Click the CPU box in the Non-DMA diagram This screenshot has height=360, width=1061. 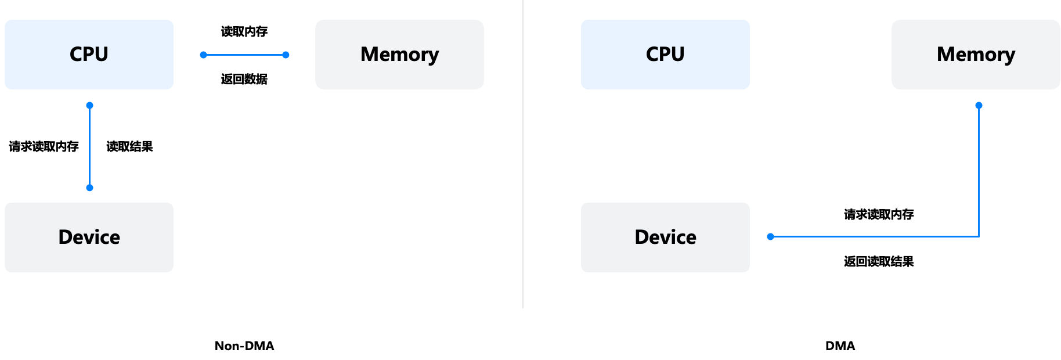coord(89,55)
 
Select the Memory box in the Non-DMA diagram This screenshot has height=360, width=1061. coord(399,55)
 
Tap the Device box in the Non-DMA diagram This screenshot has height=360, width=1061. coord(89,237)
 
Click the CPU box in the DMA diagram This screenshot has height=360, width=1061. coord(665,55)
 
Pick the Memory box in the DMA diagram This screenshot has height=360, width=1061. coord(976,55)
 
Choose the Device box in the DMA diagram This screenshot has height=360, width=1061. coord(665,237)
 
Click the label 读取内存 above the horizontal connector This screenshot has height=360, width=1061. coord(244,31)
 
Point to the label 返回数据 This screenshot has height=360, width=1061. coord(244,79)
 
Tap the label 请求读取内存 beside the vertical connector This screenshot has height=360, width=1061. coord(44,146)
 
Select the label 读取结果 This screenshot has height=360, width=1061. coord(130,146)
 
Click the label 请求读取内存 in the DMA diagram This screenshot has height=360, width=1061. coord(879,214)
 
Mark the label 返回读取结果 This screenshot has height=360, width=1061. coord(879,261)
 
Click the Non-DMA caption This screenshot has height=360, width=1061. coord(244,346)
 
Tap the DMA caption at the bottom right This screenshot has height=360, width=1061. coord(840,346)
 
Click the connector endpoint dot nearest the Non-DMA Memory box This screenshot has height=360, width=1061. coord(286,55)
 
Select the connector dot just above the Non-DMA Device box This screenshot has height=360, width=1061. coord(89,188)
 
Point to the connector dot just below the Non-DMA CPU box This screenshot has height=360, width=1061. coord(89,106)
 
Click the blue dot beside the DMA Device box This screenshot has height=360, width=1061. coord(770,237)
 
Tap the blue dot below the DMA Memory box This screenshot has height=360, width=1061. coord(979,106)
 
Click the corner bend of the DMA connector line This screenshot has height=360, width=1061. coord(979,237)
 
